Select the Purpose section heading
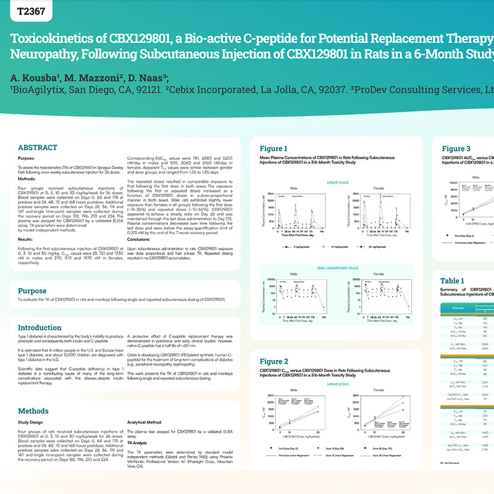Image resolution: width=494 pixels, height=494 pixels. coord(32,291)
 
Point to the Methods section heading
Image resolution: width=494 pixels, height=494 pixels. coord(33,411)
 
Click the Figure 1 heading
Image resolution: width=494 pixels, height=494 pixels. coord(274,148)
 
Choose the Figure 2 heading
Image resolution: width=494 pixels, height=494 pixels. coord(274,361)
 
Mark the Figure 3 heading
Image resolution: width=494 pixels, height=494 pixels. coord(456,148)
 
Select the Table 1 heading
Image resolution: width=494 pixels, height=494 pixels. coord(452,281)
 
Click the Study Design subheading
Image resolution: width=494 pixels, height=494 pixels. coord(32,423)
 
